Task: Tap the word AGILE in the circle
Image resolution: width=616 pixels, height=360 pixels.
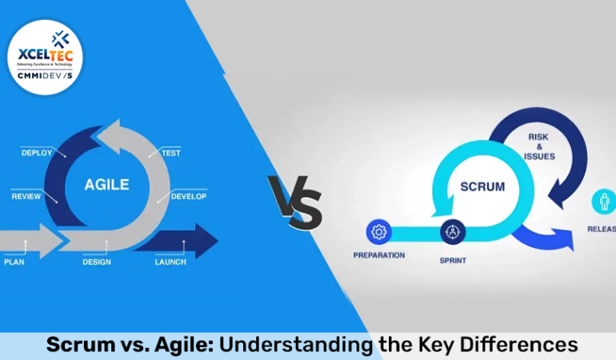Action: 106,184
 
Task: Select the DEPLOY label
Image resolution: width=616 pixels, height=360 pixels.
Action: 37,153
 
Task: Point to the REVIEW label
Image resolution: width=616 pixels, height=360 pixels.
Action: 27,196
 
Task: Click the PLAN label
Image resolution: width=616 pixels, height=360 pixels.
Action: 14,262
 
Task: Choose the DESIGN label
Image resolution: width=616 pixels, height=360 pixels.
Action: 97,262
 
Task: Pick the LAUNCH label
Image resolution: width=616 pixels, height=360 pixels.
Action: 170,262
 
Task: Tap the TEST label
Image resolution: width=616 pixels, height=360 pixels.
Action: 170,153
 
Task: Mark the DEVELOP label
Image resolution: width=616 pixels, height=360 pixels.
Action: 189,196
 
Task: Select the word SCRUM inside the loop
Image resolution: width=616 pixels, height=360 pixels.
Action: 482,186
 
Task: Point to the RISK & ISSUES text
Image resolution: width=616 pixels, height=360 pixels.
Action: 538,146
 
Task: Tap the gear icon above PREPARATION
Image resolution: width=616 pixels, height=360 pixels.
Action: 378,232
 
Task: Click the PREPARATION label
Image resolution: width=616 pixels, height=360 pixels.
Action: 378,255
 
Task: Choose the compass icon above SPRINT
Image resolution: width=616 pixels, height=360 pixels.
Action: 452,232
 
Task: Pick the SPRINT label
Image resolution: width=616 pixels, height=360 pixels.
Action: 453,261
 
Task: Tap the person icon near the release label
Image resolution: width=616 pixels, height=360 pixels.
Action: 603,202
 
